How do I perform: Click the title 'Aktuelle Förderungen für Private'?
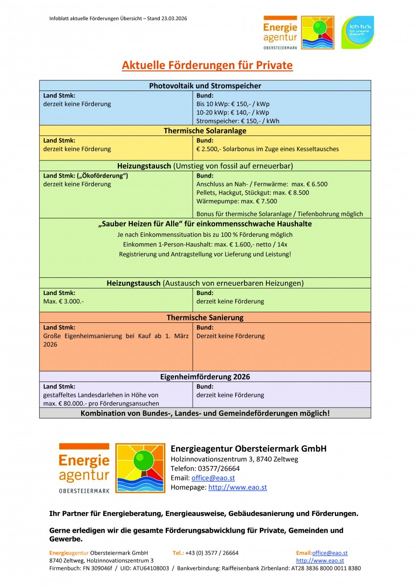[207, 66]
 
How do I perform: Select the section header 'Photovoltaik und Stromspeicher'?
[205, 86]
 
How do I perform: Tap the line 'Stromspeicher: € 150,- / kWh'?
[238, 121]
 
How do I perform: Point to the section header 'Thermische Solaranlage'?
[205, 131]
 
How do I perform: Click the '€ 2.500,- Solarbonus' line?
[267, 149]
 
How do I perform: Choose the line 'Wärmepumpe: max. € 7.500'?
[237, 201]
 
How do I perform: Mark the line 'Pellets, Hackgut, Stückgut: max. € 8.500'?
[252, 193]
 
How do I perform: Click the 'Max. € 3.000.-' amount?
[64, 301]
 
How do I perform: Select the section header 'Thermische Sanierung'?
[205, 317]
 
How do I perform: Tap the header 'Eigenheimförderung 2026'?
[205, 377]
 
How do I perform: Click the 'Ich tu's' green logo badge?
[357, 32]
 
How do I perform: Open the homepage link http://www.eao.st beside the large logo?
[238, 487]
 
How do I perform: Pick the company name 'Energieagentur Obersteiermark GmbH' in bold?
[248, 449]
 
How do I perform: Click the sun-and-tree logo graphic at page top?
[317, 32]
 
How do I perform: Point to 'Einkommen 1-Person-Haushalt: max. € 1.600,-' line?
[205, 245]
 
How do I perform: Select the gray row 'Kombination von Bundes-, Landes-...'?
[205, 413]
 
